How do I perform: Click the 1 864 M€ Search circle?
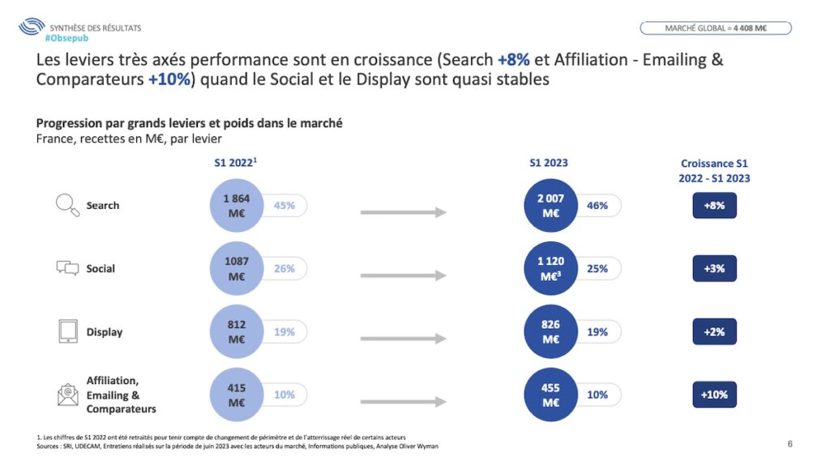pyautogui.click(x=236, y=206)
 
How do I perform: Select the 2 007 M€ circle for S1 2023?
pyautogui.click(x=551, y=206)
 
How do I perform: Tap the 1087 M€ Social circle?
pyautogui.click(x=236, y=269)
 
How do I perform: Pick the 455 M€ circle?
pyautogui.click(x=551, y=395)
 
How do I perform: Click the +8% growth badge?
pyautogui.click(x=714, y=206)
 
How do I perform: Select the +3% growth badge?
pyautogui.click(x=714, y=268)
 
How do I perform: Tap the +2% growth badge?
pyautogui.click(x=714, y=331)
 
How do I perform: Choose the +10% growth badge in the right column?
pyautogui.click(x=714, y=395)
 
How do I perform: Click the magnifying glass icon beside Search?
pyautogui.click(x=66, y=206)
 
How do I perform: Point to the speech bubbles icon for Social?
pyautogui.click(x=67, y=268)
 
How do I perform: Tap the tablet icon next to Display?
pyautogui.click(x=67, y=331)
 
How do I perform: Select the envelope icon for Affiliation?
pyautogui.click(x=67, y=395)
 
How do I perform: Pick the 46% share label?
pyautogui.click(x=598, y=206)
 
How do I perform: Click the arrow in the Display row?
pyautogui.click(x=403, y=339)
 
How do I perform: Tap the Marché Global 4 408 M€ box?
pyautogui.click(x=716, y=28)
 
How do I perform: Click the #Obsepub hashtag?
pyautogui.click(x=67, y=38)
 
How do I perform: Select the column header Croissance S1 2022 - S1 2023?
pyautogui.click(x=714, y=171)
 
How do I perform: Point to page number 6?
pyautogui.click(x=790, y=444)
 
